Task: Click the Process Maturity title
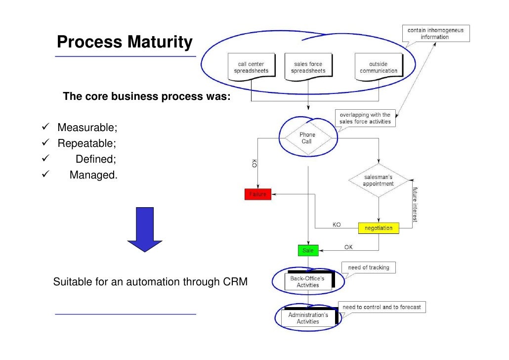point(125,43)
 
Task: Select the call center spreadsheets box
point(251,67)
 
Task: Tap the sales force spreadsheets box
point(308,67)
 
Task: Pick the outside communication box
point(378,67)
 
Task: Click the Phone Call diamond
point(307,138)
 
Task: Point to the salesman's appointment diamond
point(379,180)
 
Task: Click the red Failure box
point(257,194)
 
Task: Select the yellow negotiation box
point(379,228)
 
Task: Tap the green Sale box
point(308,250)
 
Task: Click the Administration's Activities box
point(308,318)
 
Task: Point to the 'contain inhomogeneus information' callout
point(435,34)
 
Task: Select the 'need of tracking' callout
point(368,268)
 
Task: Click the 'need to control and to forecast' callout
point(382,307)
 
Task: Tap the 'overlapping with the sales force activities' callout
point(365,118)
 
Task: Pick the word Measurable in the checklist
point(87,128)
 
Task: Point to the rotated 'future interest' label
point(415,204)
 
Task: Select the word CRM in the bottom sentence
point(235,282)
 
